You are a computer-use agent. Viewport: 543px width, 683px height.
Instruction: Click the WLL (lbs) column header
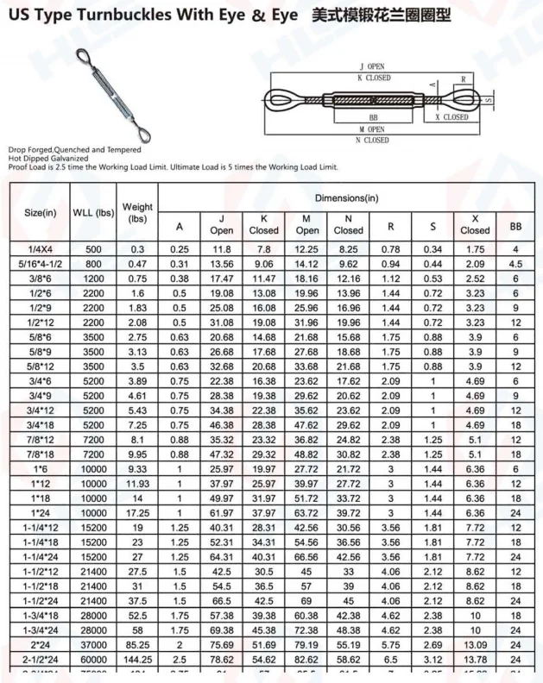93,212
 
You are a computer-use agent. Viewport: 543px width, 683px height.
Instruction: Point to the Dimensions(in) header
346,197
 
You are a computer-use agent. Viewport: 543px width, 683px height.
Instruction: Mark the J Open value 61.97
222,512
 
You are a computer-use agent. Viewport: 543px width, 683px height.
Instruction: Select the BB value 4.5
515,264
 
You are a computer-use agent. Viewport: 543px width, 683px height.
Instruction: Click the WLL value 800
93,264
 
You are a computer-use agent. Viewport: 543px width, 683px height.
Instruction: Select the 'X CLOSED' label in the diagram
451,117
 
